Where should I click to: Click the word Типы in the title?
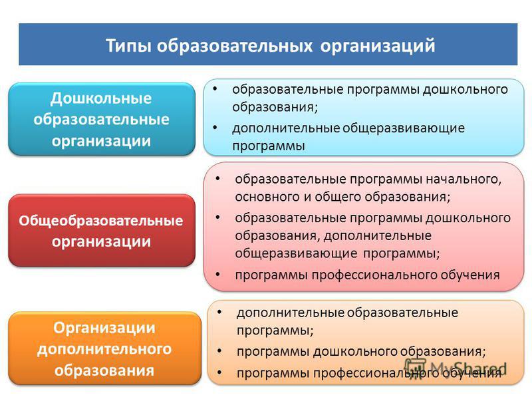tap(128, 46)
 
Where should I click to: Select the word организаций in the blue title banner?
tap(378, 46)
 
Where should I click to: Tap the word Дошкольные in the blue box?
tap(101, 98)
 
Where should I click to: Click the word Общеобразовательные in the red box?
tap(101, 221)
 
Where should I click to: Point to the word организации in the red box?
tap(101, 242)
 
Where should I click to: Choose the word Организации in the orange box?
tap(104, 328)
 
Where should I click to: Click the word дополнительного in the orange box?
tap(104, 349)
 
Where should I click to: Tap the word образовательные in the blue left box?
tap(101, 120)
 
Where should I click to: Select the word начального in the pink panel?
tap(464, 179)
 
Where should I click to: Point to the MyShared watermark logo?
tap(456, 367)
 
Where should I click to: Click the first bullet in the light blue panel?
tap(215, 89)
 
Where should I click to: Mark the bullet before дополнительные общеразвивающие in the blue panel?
tap(215, 128)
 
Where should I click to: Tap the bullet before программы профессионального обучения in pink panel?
tap(217, 274)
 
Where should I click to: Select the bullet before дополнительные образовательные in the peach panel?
tap(219, 312)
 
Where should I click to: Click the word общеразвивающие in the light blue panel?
tap(404, 128)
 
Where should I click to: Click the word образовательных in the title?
tap(235, 46)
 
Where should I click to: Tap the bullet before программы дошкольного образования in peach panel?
tap(219, 351)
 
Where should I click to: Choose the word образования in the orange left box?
tap(104, 370)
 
